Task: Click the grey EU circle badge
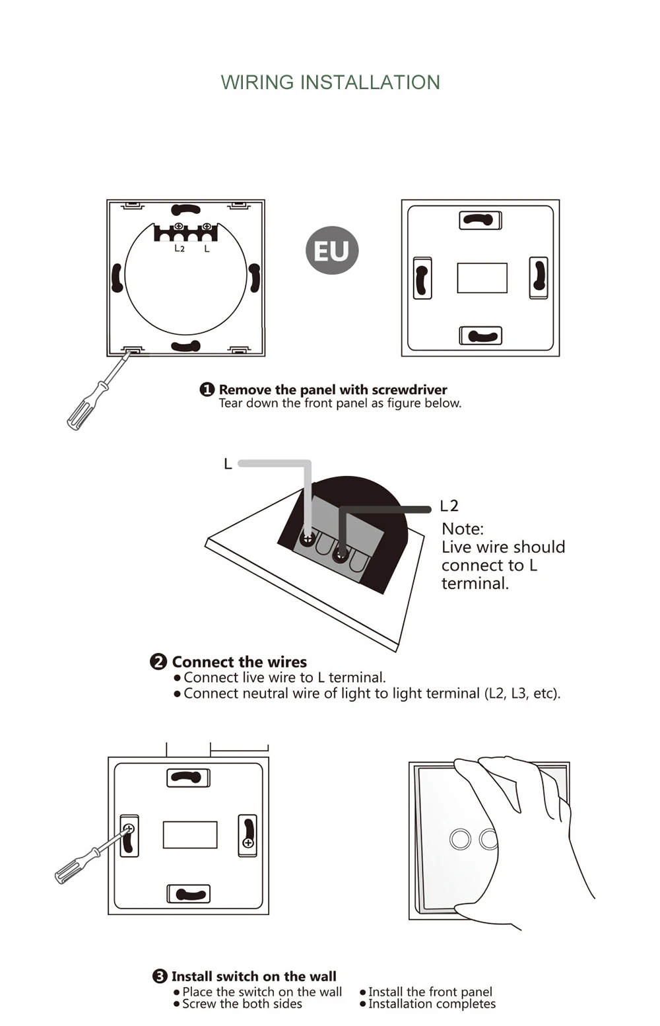[x=331, y=250]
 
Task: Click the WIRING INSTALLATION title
[x=330, y=83]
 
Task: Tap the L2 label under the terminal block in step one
[x=180, y=248]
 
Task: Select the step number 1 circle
[x=207, y=390]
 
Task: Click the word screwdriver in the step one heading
[x=409, y=390]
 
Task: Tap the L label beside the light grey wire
[x=228, y=464]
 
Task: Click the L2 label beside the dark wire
[x=449, y=506]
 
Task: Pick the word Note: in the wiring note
[x=463, y=529]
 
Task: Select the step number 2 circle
[x=158, y=662]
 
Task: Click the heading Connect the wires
[x=240, y=662]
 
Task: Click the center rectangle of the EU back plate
[x=482, y=277]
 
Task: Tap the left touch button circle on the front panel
[x=460, y=839]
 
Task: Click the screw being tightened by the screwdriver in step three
[x=129, y=829]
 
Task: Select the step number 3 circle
[x=159, y=976]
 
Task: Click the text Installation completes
[x=432, y=1004]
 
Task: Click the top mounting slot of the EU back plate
[x=480, y=220]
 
